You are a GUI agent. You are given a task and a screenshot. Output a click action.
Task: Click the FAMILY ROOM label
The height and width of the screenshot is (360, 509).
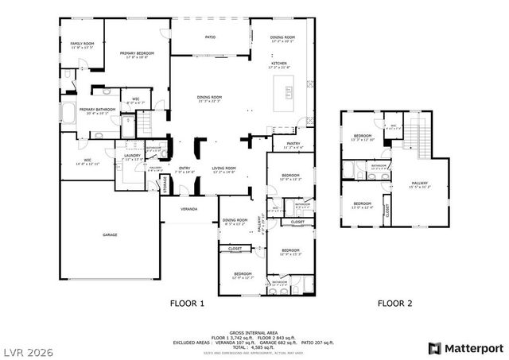pos(83,44)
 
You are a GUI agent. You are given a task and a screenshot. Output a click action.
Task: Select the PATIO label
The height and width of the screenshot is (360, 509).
pos(211,37)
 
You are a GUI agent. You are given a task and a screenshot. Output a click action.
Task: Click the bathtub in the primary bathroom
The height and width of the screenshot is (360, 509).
pos(69,112)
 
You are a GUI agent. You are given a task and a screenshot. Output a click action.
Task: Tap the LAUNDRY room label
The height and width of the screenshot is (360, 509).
pos(132,156)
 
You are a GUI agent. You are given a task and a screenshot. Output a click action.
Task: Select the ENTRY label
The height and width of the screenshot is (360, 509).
pos(185,168)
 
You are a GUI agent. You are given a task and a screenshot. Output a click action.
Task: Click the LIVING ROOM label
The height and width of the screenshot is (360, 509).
pos(223,168)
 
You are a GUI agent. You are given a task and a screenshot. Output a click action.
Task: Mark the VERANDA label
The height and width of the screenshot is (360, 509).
pos(188,208)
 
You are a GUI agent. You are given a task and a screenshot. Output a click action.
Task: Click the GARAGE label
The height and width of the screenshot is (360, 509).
pos(110,235)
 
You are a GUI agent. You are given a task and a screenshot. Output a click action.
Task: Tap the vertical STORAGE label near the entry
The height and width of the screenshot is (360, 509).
pos(165,184)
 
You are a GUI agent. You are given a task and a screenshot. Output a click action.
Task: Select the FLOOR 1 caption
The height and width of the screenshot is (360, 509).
pos(188,304)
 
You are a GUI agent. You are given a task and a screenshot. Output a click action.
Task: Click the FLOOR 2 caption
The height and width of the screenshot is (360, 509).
pos(393,304)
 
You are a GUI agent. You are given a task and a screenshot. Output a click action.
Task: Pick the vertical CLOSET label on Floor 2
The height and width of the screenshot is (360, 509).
pos(387,211)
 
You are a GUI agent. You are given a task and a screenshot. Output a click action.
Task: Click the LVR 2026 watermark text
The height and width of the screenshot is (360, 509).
pos(28,348)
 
